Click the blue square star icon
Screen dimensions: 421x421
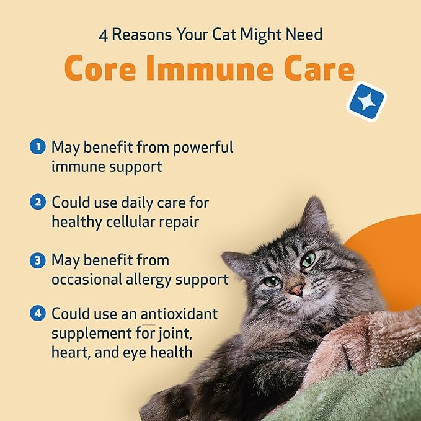click(366, 101)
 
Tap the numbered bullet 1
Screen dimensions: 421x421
click(38, 148)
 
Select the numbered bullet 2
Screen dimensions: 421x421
click(38, 202)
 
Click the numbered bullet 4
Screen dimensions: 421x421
click(38, 313)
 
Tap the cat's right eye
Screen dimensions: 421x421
click(308, 260)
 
